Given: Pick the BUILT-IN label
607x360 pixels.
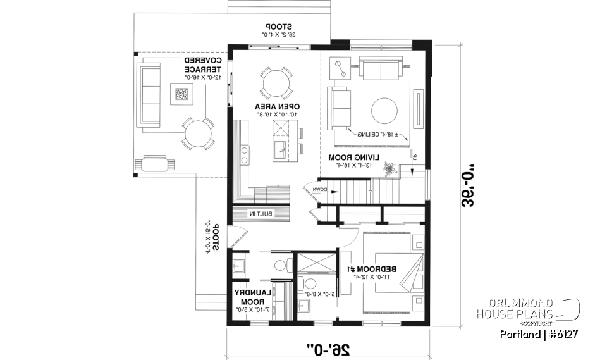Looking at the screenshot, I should click(x=261, y=215).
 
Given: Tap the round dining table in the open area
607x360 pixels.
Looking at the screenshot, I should click(x=276, y=82).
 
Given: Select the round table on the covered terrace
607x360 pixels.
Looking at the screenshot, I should click(x=198, y=133).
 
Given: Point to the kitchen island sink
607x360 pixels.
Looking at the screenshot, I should click(x=279, y=150).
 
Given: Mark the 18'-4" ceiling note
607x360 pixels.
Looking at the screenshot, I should click(x=377, y=135).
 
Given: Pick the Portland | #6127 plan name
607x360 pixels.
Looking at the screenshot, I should click(x=538, y=335).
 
